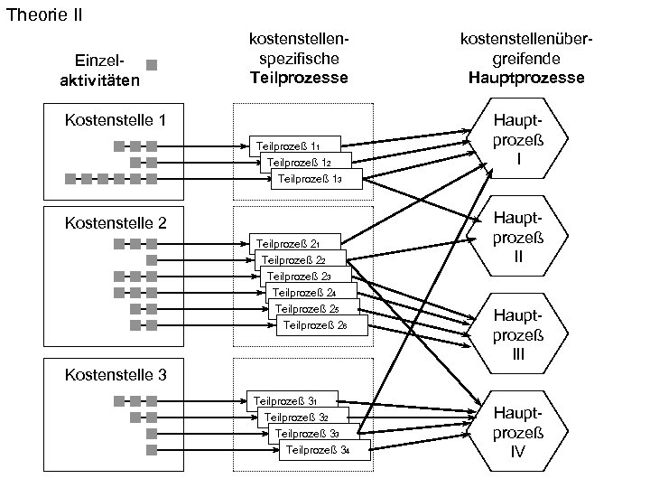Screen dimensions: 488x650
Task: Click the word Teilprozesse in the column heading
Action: click(x=299, y=78)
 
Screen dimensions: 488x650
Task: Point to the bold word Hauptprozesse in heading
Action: click(x=526, y=78)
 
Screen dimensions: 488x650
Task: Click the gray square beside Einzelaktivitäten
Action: click(x=152, y=65)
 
